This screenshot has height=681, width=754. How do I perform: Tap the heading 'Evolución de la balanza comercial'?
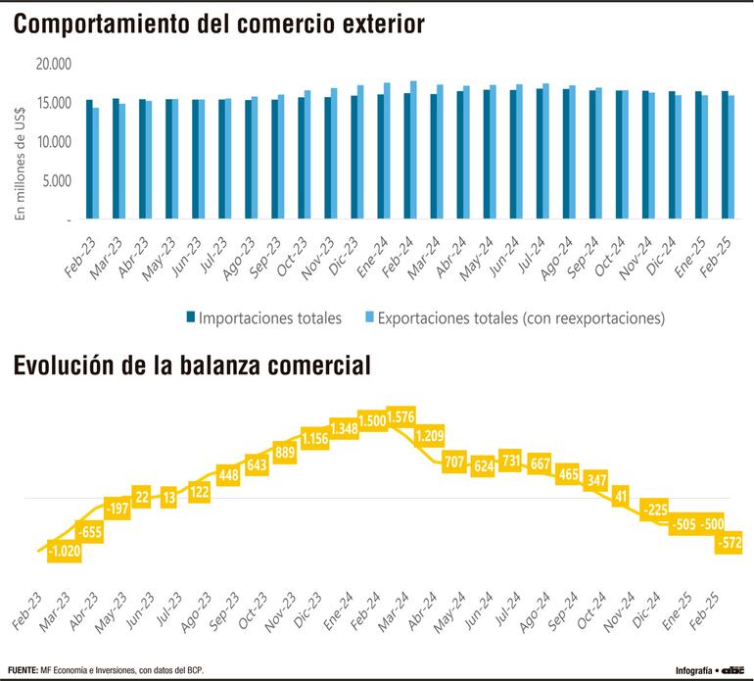pos(192,366)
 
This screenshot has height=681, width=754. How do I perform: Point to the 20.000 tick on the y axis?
pos(53,64)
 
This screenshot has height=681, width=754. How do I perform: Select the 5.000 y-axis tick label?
pos(57,181)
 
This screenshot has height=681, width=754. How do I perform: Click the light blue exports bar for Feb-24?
pos(413,151)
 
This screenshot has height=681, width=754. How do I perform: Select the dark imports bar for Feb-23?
pos(89,160)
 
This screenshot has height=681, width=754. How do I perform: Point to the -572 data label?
pos(730,543)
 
